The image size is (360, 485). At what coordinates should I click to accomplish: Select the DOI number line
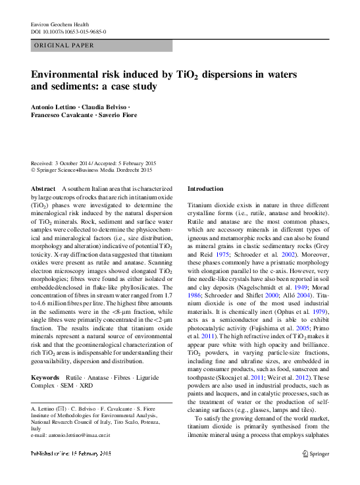68,32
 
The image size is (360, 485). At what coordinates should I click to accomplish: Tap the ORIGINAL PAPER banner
64,45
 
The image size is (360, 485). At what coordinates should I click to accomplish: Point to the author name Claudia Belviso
107,106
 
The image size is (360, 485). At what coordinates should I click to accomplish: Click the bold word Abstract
43,189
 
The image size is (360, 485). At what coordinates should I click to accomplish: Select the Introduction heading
205,189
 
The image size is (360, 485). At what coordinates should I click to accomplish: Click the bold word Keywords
45,376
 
